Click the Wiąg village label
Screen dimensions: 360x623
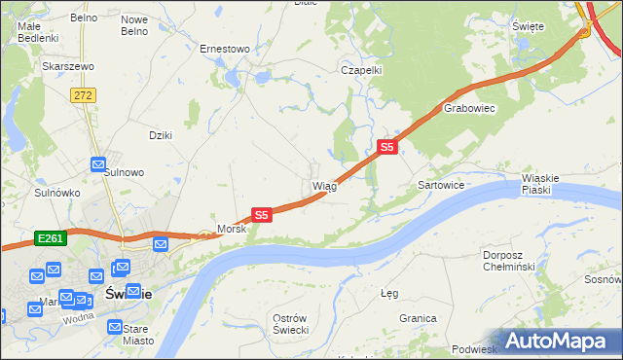click(x=324, y=186)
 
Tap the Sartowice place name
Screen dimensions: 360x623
click(x=440, y=184)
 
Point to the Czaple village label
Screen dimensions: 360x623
click(x=360, y=70)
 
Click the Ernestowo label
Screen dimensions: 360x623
click(x=225, y=48)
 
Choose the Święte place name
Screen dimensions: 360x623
click(x=527, y=26)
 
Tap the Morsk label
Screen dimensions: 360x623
click(x=232, y=229)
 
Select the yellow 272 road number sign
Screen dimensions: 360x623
click(x=82, y=94)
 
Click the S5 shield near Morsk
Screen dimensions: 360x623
click(x=261, y=214)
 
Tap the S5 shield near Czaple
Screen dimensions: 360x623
click(x=386, y=147)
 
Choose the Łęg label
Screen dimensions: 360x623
click(x=389, y=293)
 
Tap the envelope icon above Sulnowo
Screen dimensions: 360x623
click(x=98, y=165)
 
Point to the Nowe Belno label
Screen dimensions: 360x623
click(x=134, y=24)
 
